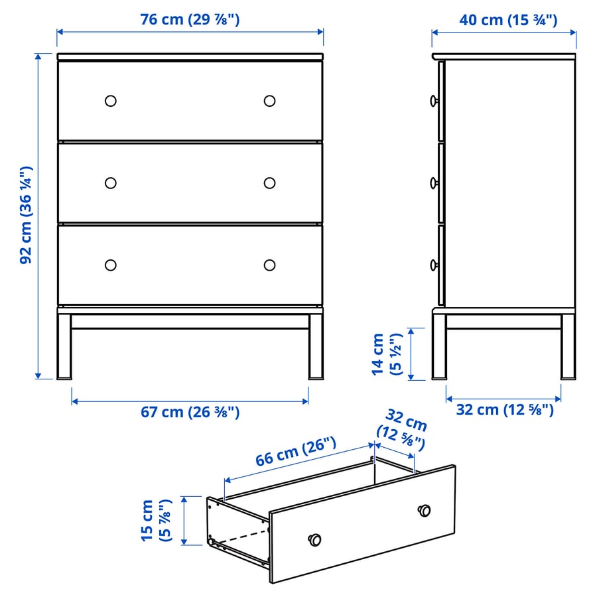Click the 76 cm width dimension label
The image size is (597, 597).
click(x=190, y=19)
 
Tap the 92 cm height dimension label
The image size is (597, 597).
click(x=27, y=215)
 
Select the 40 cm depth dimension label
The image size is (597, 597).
click(x=508, y=20)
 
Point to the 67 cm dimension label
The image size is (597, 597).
click(x=190, y=412)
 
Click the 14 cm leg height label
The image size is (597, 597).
click(x=387, y=354)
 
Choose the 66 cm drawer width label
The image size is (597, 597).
click(x=295, y=452)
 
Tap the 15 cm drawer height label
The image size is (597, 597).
click(x=157, y=520)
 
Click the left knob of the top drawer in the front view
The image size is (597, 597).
click(x=110, y=101)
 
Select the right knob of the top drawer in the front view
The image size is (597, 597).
click(x=269, y=101)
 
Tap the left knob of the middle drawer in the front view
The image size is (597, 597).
click(x=110, y=183)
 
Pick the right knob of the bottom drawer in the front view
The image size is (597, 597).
click(x=269, y=265)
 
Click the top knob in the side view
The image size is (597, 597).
click(x=434, y=101)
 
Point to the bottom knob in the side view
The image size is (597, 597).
click(x=434, y=265)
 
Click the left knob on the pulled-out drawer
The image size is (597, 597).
click(x=314, y=539)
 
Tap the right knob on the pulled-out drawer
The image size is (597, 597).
click(x=424, y=511)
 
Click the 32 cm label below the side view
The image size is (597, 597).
click(x=505, y=410)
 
